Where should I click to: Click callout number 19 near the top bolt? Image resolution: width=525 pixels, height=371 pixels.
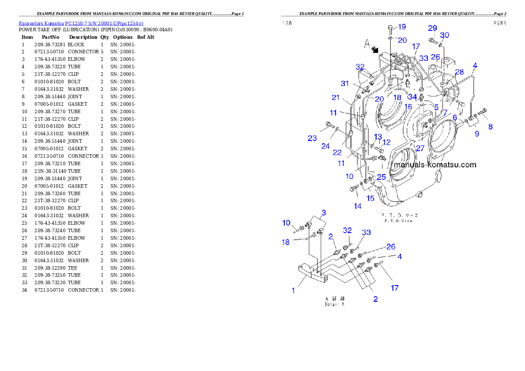click(401, 27)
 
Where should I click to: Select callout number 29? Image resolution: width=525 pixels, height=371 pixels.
click(432, 28)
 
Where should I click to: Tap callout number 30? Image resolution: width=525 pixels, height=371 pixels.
click(445, 35)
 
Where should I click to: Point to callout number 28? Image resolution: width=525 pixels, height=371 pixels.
click(460, 72)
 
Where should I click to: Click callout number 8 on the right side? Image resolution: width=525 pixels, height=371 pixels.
click(490, 126)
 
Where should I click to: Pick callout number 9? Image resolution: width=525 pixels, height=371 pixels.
click(477, 134)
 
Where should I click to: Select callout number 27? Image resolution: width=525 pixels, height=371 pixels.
click(420, 148)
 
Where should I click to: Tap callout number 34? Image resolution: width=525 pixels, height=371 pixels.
click(412, 96)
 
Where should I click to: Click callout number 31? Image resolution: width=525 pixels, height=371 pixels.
click(345, 83)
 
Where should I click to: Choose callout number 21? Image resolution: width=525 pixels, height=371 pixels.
click(336, 97)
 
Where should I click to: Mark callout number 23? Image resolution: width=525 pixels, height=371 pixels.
click(312, 138)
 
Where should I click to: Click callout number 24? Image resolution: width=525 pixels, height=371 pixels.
click(325, 146)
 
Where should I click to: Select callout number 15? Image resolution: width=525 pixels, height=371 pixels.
click(371, 198)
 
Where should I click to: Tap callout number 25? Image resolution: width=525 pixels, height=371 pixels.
click(381, 177)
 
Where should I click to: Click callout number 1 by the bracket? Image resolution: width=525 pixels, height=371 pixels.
click(293, 290)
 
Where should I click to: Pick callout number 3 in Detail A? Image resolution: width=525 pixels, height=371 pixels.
click(323, 213)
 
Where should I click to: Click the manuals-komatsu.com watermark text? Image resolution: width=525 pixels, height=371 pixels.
click(435, 165)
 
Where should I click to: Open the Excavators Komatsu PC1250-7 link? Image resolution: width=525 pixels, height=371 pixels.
click(81, 23)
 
